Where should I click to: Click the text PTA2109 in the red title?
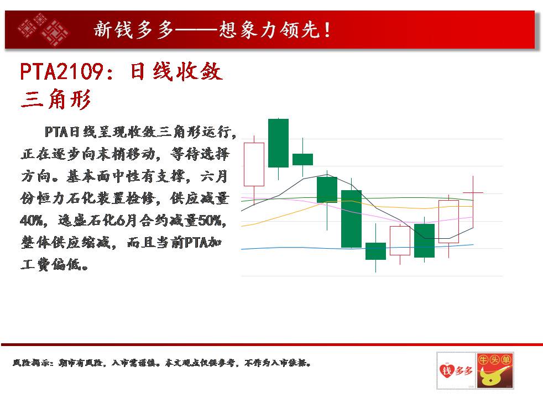pos(61,72)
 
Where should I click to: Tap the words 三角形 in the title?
pos(56,99)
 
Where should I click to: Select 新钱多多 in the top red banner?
pos(133,30)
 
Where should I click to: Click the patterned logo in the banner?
pos(43,30)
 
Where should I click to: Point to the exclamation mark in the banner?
pos(327,30)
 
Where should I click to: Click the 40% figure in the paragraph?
pos(33,220)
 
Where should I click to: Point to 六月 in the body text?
pos(214,176)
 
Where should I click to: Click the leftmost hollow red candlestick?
pos(254,165)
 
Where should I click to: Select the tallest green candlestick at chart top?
pos(279,143)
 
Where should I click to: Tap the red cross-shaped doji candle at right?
pos(473,192)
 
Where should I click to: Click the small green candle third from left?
pos(302,159)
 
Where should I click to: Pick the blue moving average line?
pos(357,247)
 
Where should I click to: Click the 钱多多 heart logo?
pos(456,370)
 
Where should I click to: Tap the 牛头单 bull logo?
pos(495,370)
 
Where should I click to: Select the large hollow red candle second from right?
pos(448,222)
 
